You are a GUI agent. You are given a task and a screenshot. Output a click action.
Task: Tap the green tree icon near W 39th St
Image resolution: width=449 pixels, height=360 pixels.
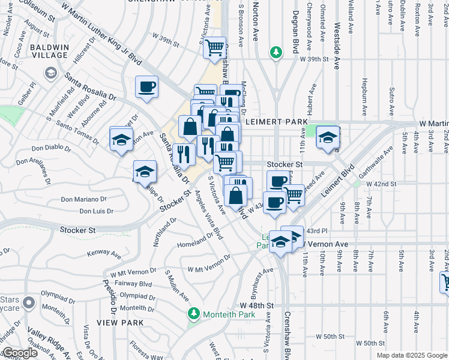tap(276, 53)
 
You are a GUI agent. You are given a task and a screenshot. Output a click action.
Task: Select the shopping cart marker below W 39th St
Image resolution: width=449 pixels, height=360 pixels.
tap(214, 47)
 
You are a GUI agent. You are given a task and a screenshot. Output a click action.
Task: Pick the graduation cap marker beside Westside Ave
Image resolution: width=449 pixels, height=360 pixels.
tap(328, 137)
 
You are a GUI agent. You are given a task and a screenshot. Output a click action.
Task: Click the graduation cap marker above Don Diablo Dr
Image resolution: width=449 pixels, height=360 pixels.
tap(121, 140)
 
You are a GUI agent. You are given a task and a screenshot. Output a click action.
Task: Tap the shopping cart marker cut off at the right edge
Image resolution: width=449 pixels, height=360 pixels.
tap(445, 281)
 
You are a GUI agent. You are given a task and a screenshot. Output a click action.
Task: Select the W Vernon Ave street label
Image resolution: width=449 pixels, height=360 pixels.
tap(324, 245)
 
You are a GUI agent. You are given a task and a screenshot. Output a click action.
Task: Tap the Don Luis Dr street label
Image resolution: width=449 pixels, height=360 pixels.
tap(96, 211)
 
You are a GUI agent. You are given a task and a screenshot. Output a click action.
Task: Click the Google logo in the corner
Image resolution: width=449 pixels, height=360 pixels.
tap(20, 353)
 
